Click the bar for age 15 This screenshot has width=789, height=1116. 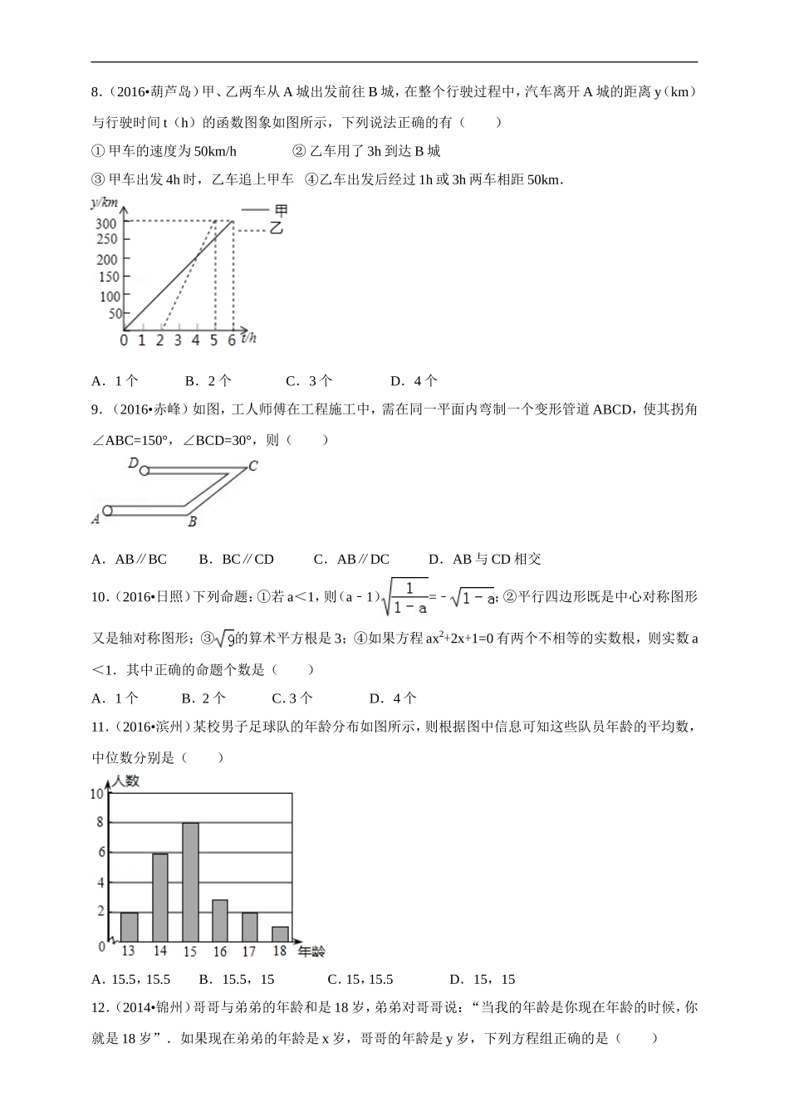190,882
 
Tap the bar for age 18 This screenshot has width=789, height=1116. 280,933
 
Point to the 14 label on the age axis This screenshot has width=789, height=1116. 159,952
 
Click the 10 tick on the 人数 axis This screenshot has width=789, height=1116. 97,794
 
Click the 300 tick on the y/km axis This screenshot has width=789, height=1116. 106,223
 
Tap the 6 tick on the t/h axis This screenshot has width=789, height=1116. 232,340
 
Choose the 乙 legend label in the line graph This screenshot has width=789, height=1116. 277,228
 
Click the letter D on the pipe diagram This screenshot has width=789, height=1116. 133,463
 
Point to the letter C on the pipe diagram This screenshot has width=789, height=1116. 253,466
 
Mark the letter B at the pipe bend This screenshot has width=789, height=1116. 192,522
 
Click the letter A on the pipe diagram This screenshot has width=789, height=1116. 96,518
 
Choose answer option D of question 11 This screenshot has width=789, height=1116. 482,979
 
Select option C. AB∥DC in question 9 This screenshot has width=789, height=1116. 351,559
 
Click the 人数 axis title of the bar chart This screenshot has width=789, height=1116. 127,781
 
